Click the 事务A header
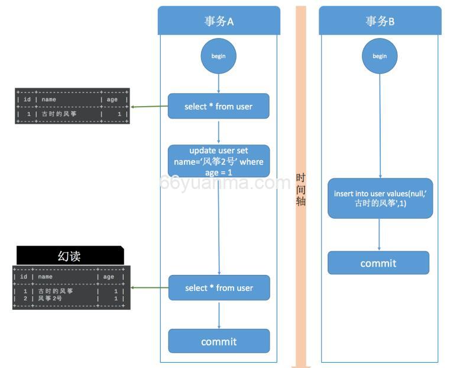pyautogui.click(x=219, y=21)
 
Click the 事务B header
pyautogui.click(x=380, y=21)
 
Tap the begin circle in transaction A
pyautogui.click(x=219, y=56)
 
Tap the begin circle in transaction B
pyautogui.click(x=380, y=56)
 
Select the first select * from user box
pyautogui.click(x=219, y=107)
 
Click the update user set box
pyautogui.click(x=219, y=161)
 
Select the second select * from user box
pyautogui.click(x=219, y=288)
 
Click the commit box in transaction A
pyautogui.click(x=219, y=341)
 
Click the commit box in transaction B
pyautogui.click(x=378, y=263)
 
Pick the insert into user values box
pyautogui.click(x=380, y=199)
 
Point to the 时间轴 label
pyautogui.click(x=301, y=190)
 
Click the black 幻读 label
pyautogui.click(x=70, y=255)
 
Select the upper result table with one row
pyautogui.click(x=72, y=106)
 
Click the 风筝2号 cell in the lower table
pyautogui.click(x=50, y=299)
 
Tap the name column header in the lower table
pyautogui.click(x=46, y=277)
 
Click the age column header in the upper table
pyautogui.click(x=112, y=100)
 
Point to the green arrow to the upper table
pyautogui.click(x=149, y=107)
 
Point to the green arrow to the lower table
pyautogui.click(x=149, y=288)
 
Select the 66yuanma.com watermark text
pyautogui.click(x=225, y=183)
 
